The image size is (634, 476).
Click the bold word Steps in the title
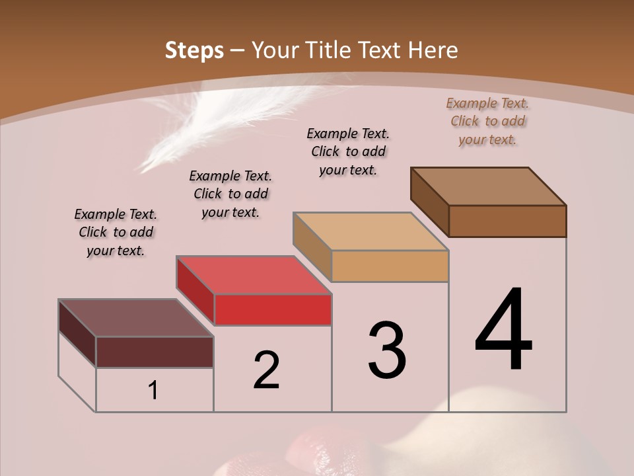[194, 50]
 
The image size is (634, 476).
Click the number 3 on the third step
[387, 350]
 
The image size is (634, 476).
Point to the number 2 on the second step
[266, 370]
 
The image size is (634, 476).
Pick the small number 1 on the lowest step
[153, 391]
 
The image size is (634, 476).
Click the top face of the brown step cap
[489, 186]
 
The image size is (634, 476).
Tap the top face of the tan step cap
[371, 231]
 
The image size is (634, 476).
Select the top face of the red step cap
[254, 274]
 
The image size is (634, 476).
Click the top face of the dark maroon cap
[136, 317]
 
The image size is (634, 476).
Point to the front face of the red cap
[273, 310]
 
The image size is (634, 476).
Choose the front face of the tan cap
[390, 266]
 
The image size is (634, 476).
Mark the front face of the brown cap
[507, 221]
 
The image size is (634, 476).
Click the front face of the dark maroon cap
[155, 352]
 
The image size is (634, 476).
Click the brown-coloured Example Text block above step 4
[487, 122]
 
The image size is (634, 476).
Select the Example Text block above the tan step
[348, 151]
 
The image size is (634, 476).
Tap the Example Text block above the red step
[230, 194]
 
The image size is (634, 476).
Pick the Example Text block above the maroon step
[116, 232]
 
